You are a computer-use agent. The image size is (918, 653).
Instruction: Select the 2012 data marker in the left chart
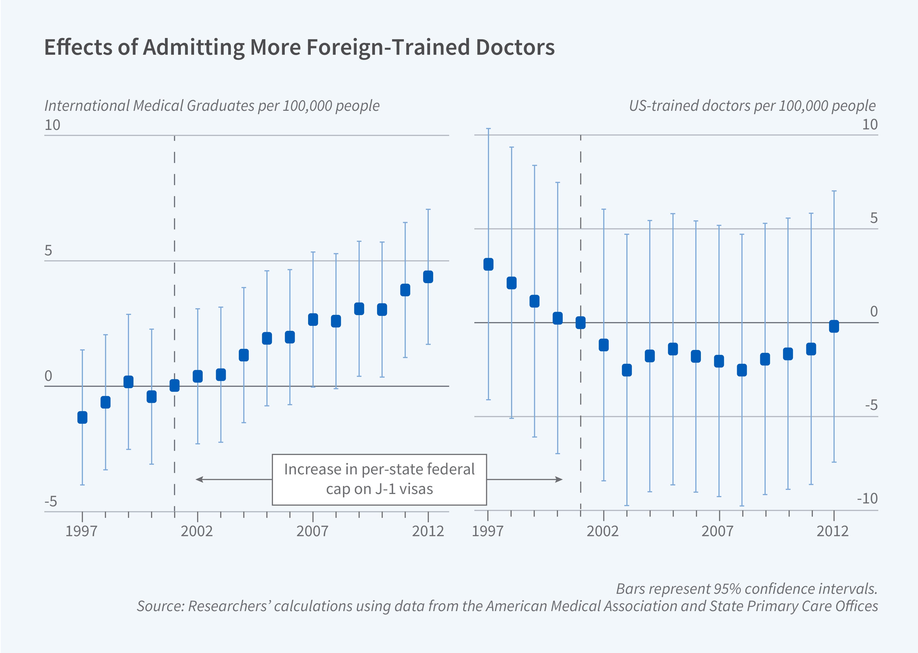(x=428, y=277)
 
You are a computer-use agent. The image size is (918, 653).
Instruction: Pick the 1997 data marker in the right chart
(x=488, y=264)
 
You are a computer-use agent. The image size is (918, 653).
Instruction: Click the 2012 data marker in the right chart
(x=834, y=326)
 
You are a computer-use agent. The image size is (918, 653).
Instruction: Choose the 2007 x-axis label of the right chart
(x=718, y=531)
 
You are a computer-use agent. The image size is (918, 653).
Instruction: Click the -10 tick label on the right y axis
(x=867, y=499)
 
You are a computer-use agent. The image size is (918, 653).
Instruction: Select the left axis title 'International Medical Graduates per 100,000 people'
(x=212, y=106)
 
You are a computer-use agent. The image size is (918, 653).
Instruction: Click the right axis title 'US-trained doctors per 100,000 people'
(x=752, y=106)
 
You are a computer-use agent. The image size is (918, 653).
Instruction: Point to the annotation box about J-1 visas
(x=379, y=479)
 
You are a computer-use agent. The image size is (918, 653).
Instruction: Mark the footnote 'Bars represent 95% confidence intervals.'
(x=747, y=589)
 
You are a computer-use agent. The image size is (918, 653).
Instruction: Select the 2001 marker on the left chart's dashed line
(x=174, y=386)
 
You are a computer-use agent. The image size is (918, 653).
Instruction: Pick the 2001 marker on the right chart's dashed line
(x=580, y=322)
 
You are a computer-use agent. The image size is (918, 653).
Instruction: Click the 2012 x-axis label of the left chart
(x=428, y=531)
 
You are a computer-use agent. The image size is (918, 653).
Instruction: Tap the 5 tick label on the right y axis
(x=873, y=218)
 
